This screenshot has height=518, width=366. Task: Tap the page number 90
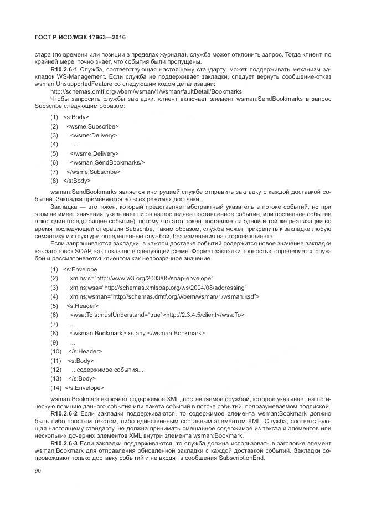click(x=38, y=470)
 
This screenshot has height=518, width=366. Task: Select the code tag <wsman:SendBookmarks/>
click(x=107, y=162)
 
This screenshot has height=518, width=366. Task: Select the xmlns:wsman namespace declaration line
click(x=164, y=297)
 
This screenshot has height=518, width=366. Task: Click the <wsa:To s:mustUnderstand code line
click(x=157, y=315)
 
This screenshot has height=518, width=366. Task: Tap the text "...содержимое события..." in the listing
click(x=107, y=370)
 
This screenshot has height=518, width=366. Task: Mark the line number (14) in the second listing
click(x=55, y=388)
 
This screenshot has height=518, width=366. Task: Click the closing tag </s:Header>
click(x=85, y=351)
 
